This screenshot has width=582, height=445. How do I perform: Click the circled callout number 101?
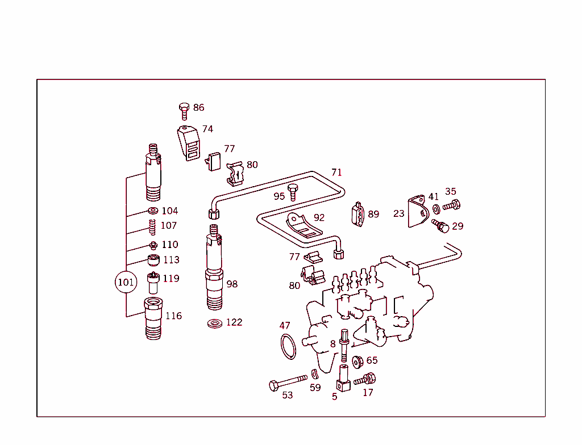point(126,282)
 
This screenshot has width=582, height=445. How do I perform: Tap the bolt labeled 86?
point(184,110)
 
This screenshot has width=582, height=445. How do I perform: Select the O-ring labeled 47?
point(289,346)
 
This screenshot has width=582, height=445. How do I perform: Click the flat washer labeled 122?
point(215,324)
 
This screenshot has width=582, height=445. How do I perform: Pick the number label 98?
point(232,284)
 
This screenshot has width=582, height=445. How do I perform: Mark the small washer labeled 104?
point(152,211)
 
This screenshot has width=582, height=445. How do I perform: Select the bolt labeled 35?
point(451,205)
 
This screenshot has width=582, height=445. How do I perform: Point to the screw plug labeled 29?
point(441,226)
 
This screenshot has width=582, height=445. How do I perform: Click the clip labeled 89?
point(358,215)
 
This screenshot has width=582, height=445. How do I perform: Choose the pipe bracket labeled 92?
point(304,226)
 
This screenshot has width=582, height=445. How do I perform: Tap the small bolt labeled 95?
point(293,192)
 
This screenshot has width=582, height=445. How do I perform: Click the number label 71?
point(337,172)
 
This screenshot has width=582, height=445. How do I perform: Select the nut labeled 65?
point(358,362)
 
